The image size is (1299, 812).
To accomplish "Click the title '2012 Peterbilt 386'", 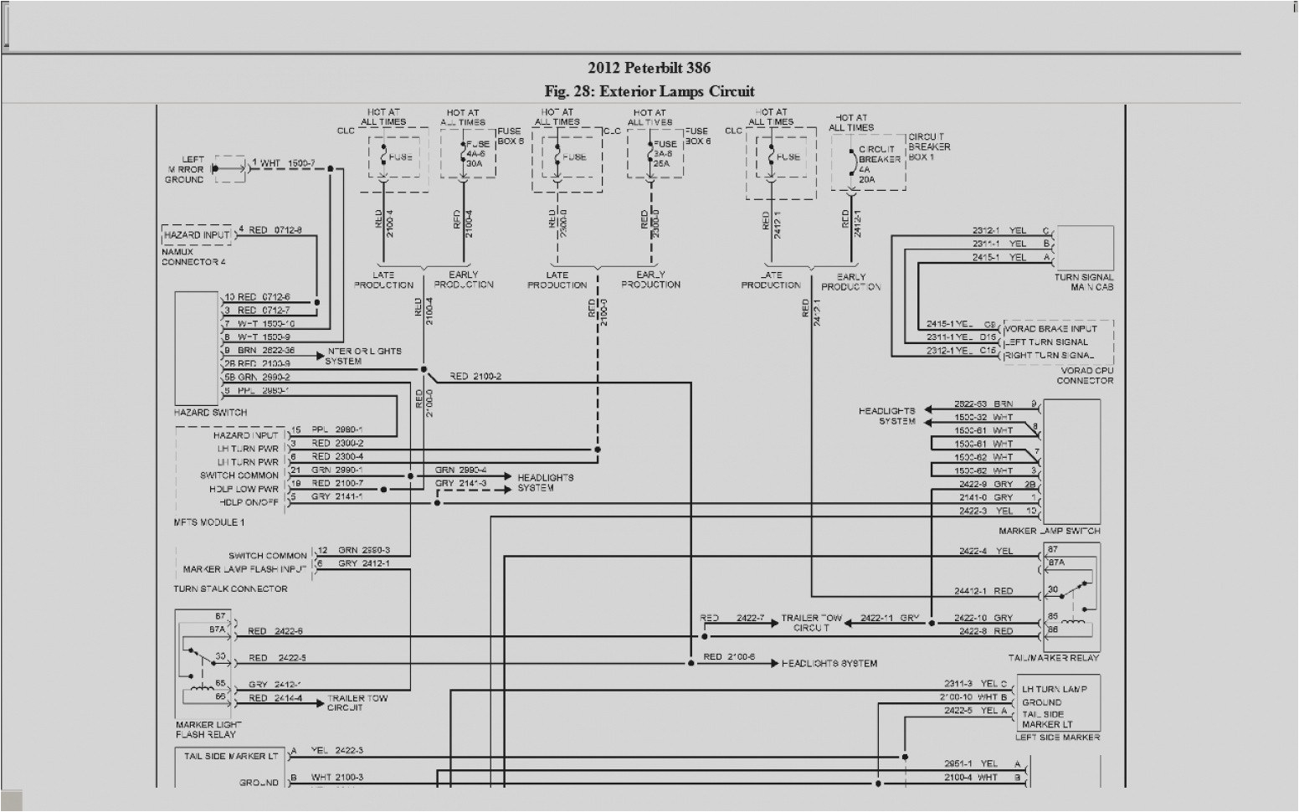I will click(x=649, y=68).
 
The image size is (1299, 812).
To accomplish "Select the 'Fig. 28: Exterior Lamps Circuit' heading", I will click(x=649, y=91).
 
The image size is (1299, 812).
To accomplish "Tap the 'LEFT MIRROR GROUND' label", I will click(x=186, y=169).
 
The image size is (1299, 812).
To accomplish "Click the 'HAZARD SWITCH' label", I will click(x=211, y=413).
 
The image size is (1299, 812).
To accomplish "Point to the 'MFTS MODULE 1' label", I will click(x=209, y=522).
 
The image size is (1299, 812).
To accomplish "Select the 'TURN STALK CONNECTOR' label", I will click(x=230, y=588).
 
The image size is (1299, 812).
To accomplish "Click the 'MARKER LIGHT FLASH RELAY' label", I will click(x=208, y=729).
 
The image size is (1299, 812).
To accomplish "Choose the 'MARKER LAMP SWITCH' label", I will click(x=1060, y=531).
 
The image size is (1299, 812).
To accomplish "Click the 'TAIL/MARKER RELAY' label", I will click(x=1060, y=657).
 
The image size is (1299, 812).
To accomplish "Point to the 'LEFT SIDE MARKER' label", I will click(x=1058, y=737).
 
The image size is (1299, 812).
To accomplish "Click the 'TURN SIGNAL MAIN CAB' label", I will click(x=1084, y=282).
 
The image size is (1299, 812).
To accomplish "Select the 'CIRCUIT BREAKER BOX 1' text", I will click(x=929, y=147).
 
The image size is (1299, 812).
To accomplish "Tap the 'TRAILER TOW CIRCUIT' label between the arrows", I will click(x=811, y=623).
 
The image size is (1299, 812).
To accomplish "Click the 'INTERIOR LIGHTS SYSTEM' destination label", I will click(x=364, y=356).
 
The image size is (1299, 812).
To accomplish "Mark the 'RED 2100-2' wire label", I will click(x=475, y=377).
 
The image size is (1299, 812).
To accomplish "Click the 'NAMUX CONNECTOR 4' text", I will click(x=193, y=257).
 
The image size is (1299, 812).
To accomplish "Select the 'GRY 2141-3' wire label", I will click(x=460, y=484).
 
